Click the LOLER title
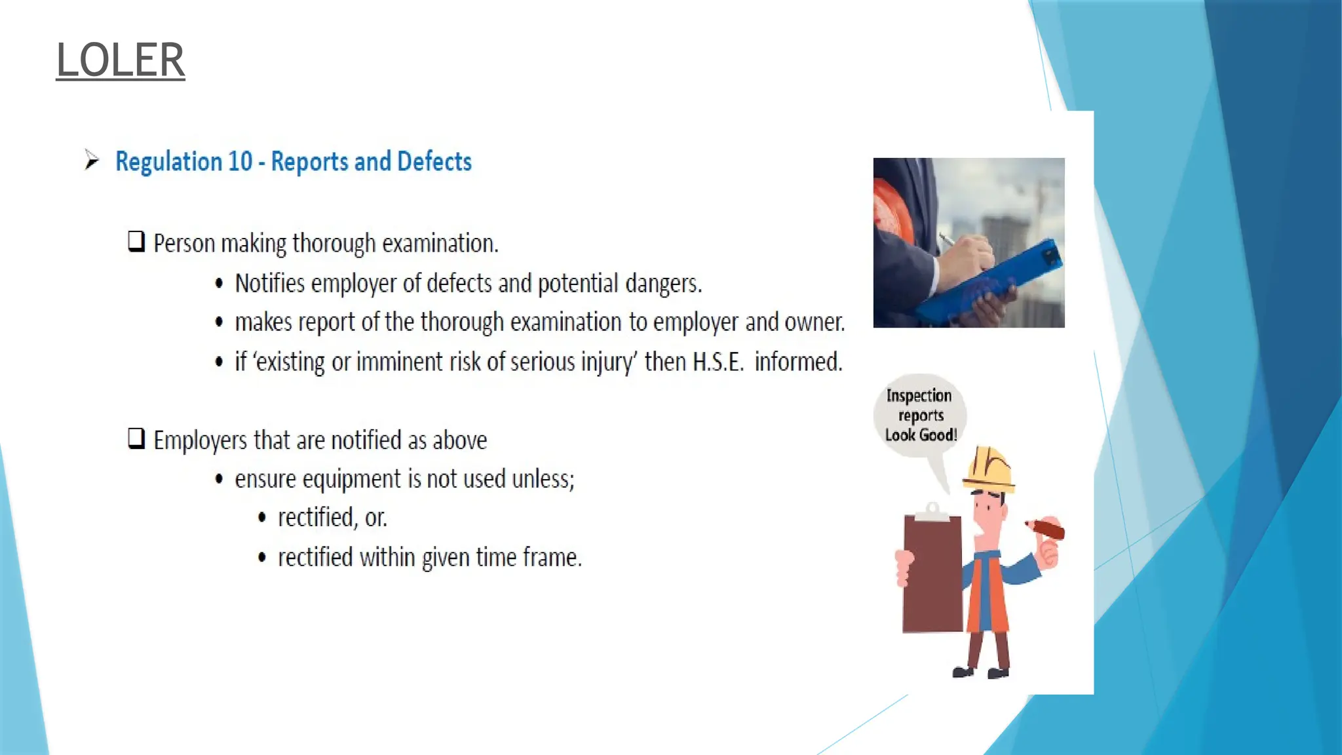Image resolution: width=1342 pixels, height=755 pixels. click(121, 60)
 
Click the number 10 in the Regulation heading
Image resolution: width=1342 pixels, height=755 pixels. click(240, 162)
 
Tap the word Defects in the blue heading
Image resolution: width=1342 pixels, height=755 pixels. click(434, 162)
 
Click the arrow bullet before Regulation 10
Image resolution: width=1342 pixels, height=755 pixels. click(91, 160)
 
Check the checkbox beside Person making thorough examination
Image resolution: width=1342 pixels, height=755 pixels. click(136, 242)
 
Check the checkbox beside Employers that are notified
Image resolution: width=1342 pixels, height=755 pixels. click(136, 438)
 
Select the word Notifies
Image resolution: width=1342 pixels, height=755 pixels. click(270, 284)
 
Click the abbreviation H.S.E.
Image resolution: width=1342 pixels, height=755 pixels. click(718, 362)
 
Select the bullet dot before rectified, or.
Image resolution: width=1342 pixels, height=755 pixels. click(262, 518)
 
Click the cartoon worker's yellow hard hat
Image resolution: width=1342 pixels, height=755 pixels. click(989, 469)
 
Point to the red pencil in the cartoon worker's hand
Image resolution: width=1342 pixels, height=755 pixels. click(1046, 528)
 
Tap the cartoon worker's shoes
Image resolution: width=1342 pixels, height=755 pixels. click(981, 672)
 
